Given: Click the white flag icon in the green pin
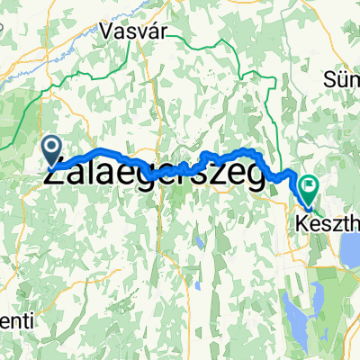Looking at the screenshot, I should (x=310, y=185).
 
